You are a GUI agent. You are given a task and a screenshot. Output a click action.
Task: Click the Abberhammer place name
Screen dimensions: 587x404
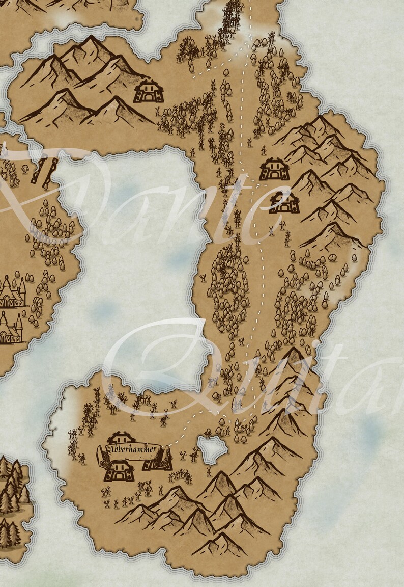coord(133,449)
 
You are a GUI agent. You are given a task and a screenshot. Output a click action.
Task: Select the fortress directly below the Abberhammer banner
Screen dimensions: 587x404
coord(119,470)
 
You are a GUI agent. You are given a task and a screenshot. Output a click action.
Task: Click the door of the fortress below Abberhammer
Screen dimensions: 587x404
coord(119,474)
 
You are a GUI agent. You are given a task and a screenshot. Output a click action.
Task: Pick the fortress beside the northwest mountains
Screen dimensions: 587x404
coord(148,91)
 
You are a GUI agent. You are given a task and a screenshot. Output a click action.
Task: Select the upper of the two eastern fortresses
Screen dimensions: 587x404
coord(274,169)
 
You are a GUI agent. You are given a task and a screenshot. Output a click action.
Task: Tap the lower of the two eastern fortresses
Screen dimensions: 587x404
coord(284,202)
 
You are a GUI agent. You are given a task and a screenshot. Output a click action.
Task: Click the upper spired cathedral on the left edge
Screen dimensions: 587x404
coord(11,291)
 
